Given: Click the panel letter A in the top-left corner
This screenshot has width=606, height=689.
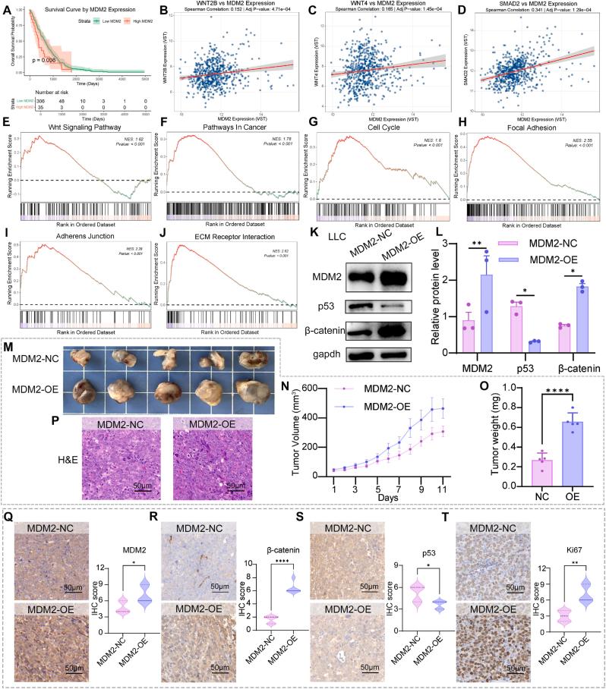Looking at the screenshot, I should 7,8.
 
